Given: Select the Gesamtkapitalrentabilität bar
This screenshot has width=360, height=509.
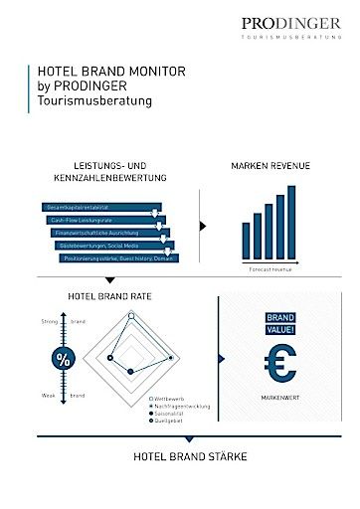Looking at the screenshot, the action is click(x=95, y=207).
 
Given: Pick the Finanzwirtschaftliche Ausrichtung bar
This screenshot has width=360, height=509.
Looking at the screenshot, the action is click(x=109, y=233).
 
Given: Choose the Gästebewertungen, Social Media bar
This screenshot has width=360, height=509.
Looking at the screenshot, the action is click(x=114, y=245).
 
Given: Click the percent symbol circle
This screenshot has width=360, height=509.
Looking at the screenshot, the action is click(x=63, y=360).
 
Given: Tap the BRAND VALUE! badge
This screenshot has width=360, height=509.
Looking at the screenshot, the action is click(x=278, y=325).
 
